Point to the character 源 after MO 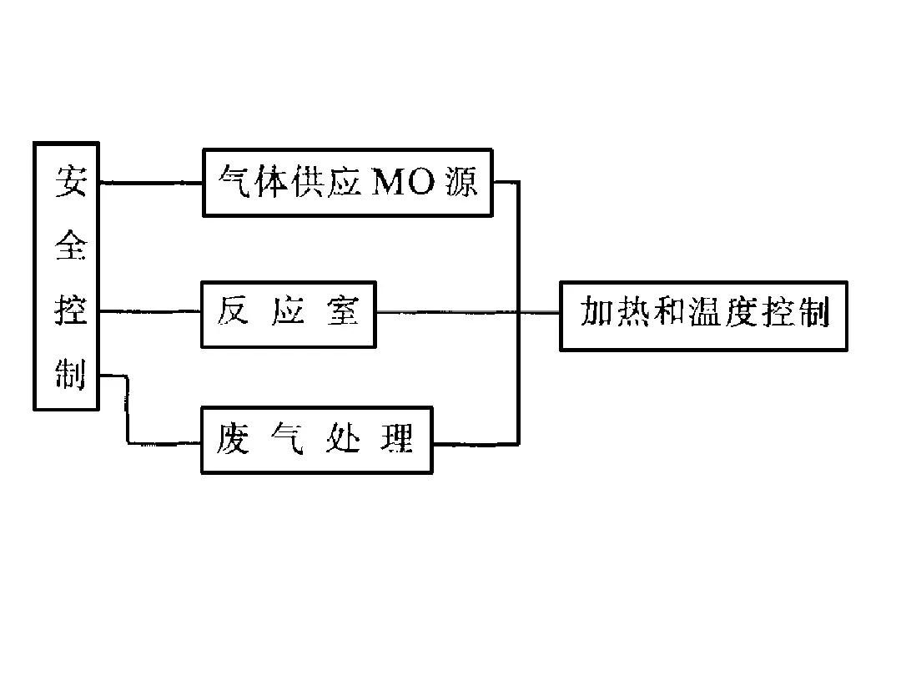point(461,183)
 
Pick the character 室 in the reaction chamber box point(342,312)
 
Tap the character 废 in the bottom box point(233,438)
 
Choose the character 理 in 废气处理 point(397,438)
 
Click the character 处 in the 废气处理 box point(342,438)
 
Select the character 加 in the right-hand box point(597,314)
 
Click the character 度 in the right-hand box point(741,314)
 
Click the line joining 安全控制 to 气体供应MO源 point(150,183)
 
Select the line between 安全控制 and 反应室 point(150,312)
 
